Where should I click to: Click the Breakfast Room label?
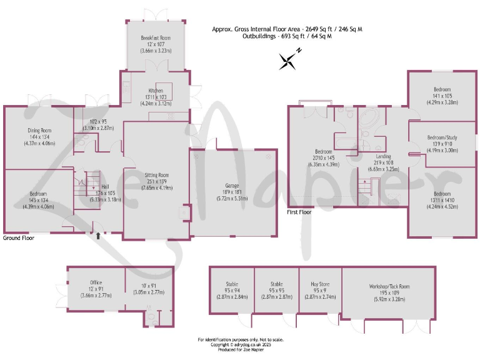[x=156, y=38]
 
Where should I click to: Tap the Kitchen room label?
[x=155, y=91]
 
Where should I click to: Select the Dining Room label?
[x=39, y=129]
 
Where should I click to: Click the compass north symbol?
[x=289, y=60]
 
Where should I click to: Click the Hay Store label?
[x=319, y=284]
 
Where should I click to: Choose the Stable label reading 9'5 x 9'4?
[x=232, y=284]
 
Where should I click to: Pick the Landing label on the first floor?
[x=384, y=156]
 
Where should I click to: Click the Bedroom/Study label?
[x=442, y=137]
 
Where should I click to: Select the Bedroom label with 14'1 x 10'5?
[x=442, y=89]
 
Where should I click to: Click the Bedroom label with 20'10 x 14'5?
[x=323, y=152]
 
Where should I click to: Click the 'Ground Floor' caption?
[x=19, y=238]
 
